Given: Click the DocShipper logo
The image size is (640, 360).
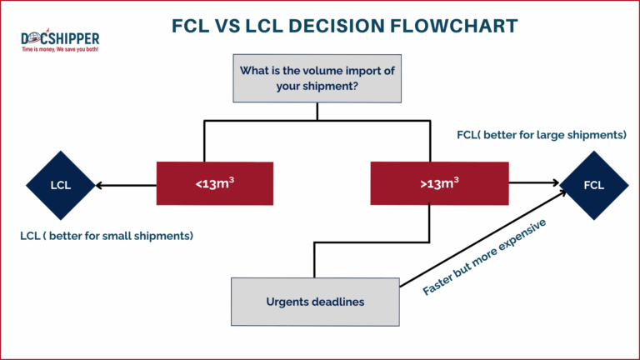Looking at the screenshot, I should point(60,40).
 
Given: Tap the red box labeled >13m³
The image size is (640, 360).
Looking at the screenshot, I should point(438,184).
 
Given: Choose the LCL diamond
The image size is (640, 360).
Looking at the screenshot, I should point(60,185).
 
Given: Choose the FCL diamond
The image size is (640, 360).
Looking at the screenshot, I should point(593,185).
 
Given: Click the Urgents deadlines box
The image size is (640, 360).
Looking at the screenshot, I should point(315,302).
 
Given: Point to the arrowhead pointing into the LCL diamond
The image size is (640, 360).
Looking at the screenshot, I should point(100,185).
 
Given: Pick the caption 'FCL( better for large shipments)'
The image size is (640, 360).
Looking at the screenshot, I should point(542,134).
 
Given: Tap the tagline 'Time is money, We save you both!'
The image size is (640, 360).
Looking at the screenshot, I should point(60,50).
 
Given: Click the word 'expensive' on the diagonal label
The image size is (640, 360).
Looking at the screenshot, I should point(517,238).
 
